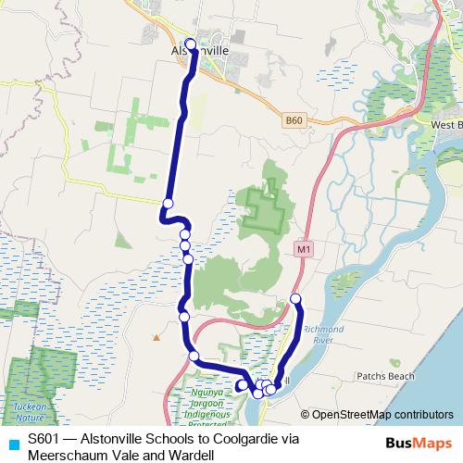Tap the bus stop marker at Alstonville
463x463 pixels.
click(191, 43)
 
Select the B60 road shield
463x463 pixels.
click(294, 120)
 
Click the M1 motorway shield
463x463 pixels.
click(303, 249)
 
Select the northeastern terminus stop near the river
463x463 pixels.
click(296, 298)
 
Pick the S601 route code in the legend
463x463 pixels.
click(44, 440)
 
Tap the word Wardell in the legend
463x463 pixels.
click(192, 455)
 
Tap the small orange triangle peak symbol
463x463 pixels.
click(156, 336)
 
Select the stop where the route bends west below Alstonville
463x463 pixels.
click(168, 204)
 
